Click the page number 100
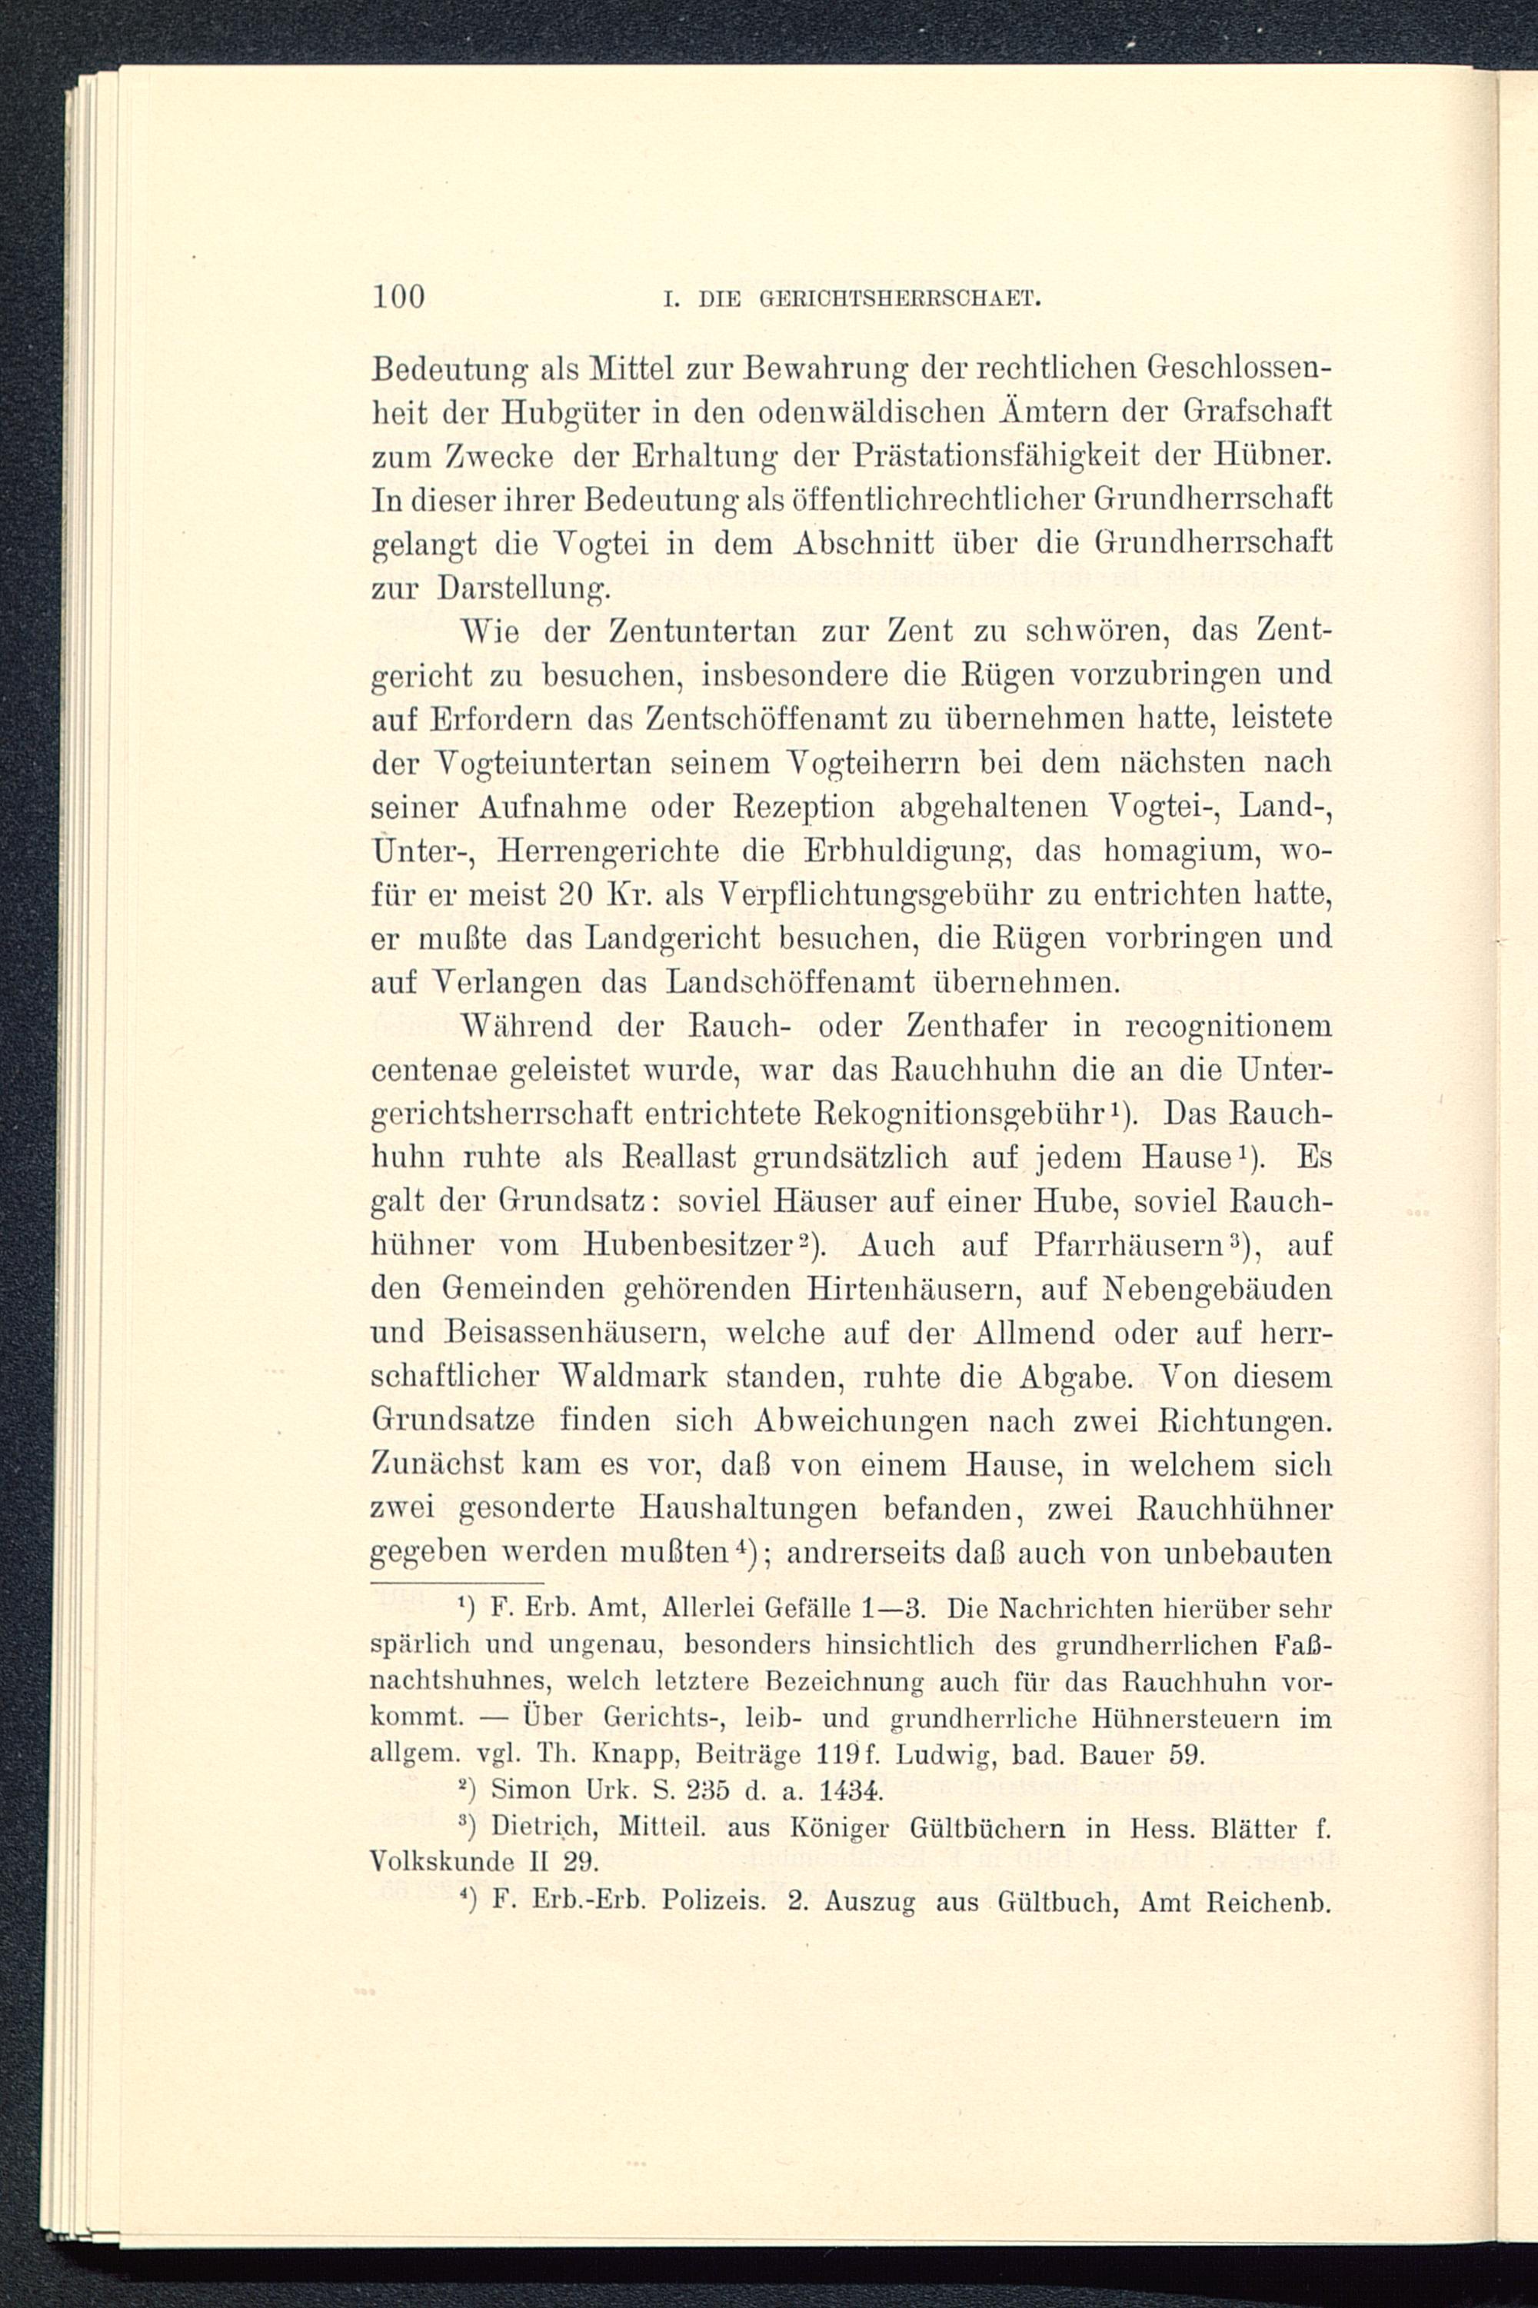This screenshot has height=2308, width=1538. point(399,296)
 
